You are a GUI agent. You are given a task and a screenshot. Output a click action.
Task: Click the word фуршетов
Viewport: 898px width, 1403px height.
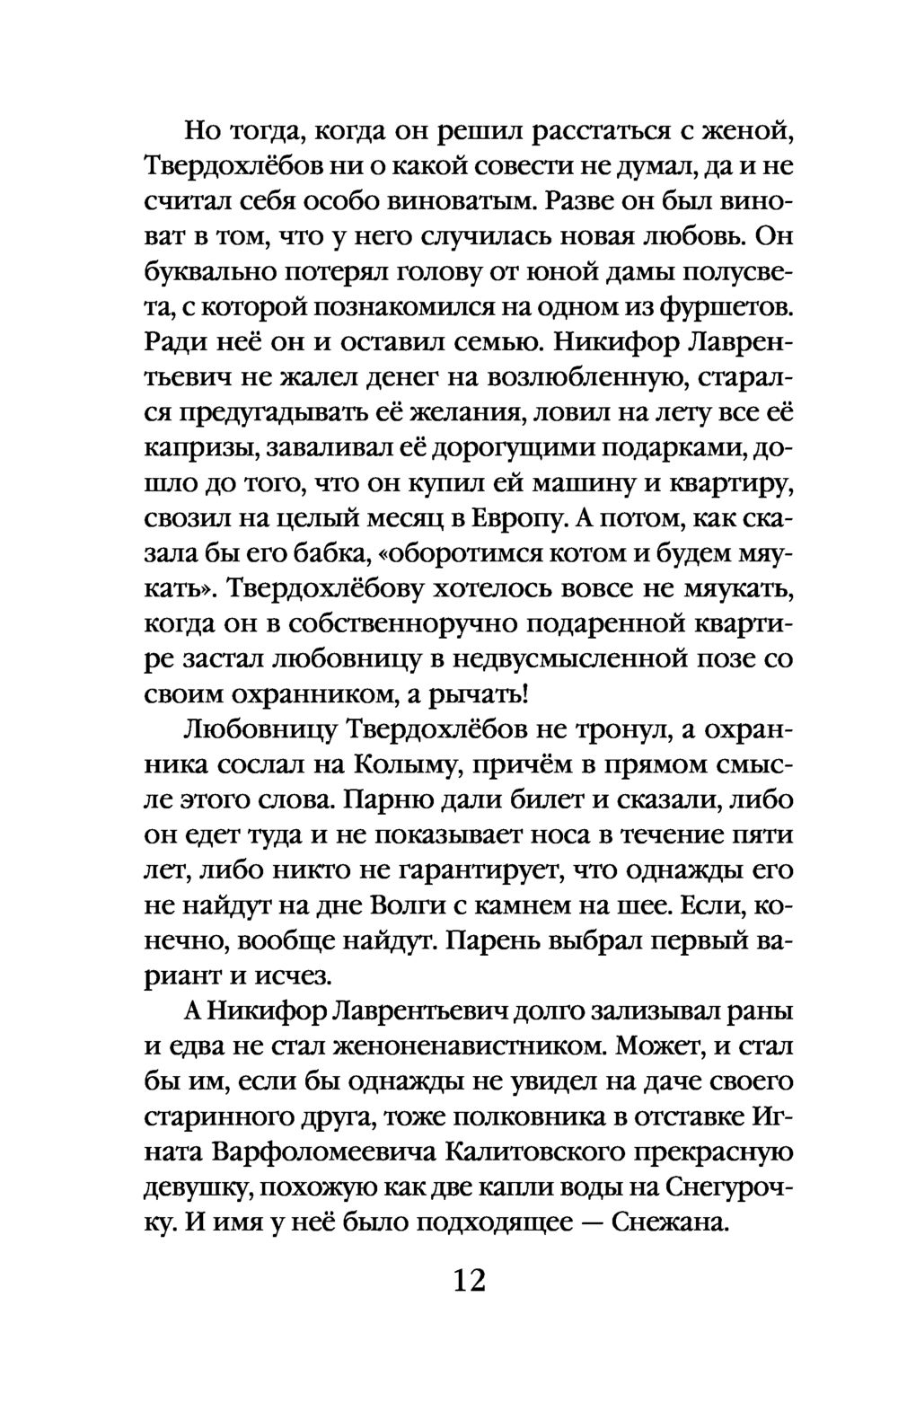click(x=726, y=306)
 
